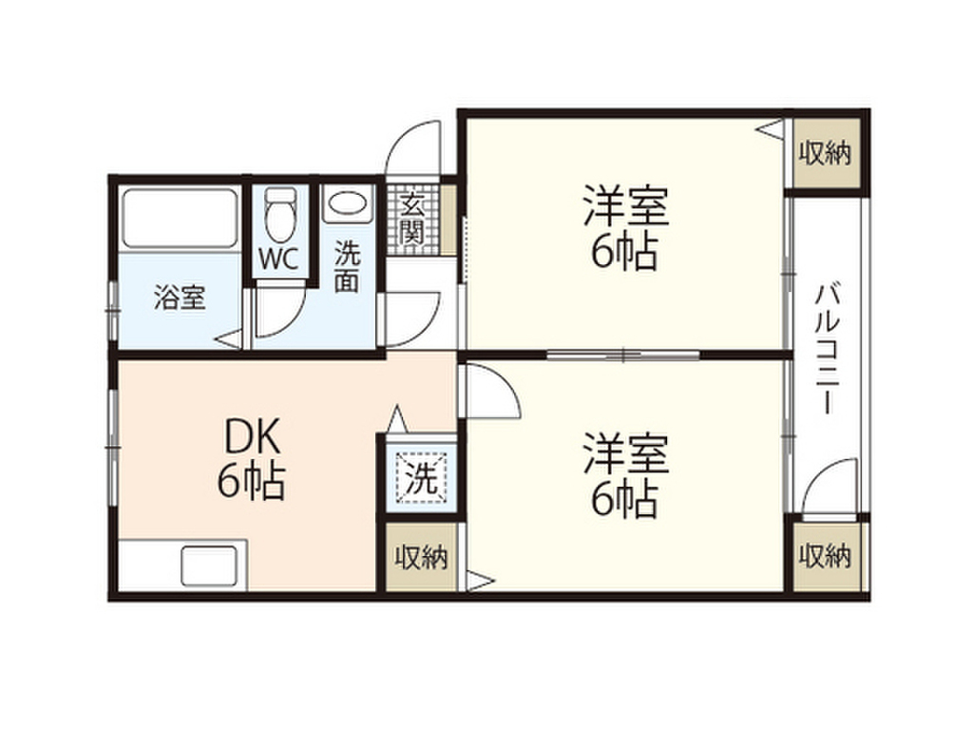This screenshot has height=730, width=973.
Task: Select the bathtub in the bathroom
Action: coord(180,219)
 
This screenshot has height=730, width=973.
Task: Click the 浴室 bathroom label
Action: coord(180,298)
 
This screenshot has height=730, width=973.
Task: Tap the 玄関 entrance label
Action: coord(411,219)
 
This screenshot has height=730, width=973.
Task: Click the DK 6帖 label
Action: coord(251,460)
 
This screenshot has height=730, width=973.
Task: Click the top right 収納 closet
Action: coord(824,152)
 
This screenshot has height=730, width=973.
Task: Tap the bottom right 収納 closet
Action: coord(824,554)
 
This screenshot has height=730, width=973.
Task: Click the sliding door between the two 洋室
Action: coord(623,355)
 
